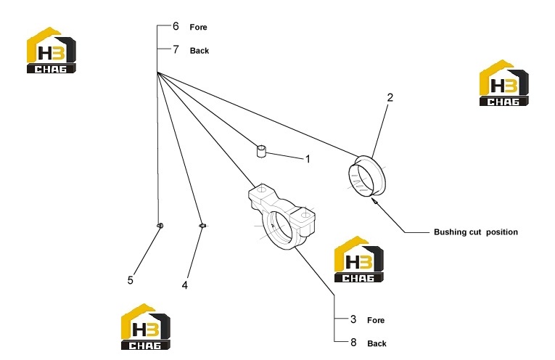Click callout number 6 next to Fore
(x=176, y=26)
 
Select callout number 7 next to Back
(x=176, y=49)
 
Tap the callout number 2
(x=390, y=97)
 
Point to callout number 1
(x=308, y=159)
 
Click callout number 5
(x=131, y=280)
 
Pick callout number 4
(x=185, y=285)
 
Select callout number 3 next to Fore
(x=353, y=319)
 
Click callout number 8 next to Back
(x=353, y=343)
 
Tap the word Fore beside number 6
(x=198, y=28)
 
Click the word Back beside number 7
(x=200, y=51)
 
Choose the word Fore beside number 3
(x=376, y=320)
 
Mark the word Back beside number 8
(x=377, y=344)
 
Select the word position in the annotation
(x=502, y=232)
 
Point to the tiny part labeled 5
(x=160, y=225)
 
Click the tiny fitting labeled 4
(x=202, y=226)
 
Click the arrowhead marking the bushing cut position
(x=374, y=200)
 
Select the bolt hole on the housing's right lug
(x=305, y=215)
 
